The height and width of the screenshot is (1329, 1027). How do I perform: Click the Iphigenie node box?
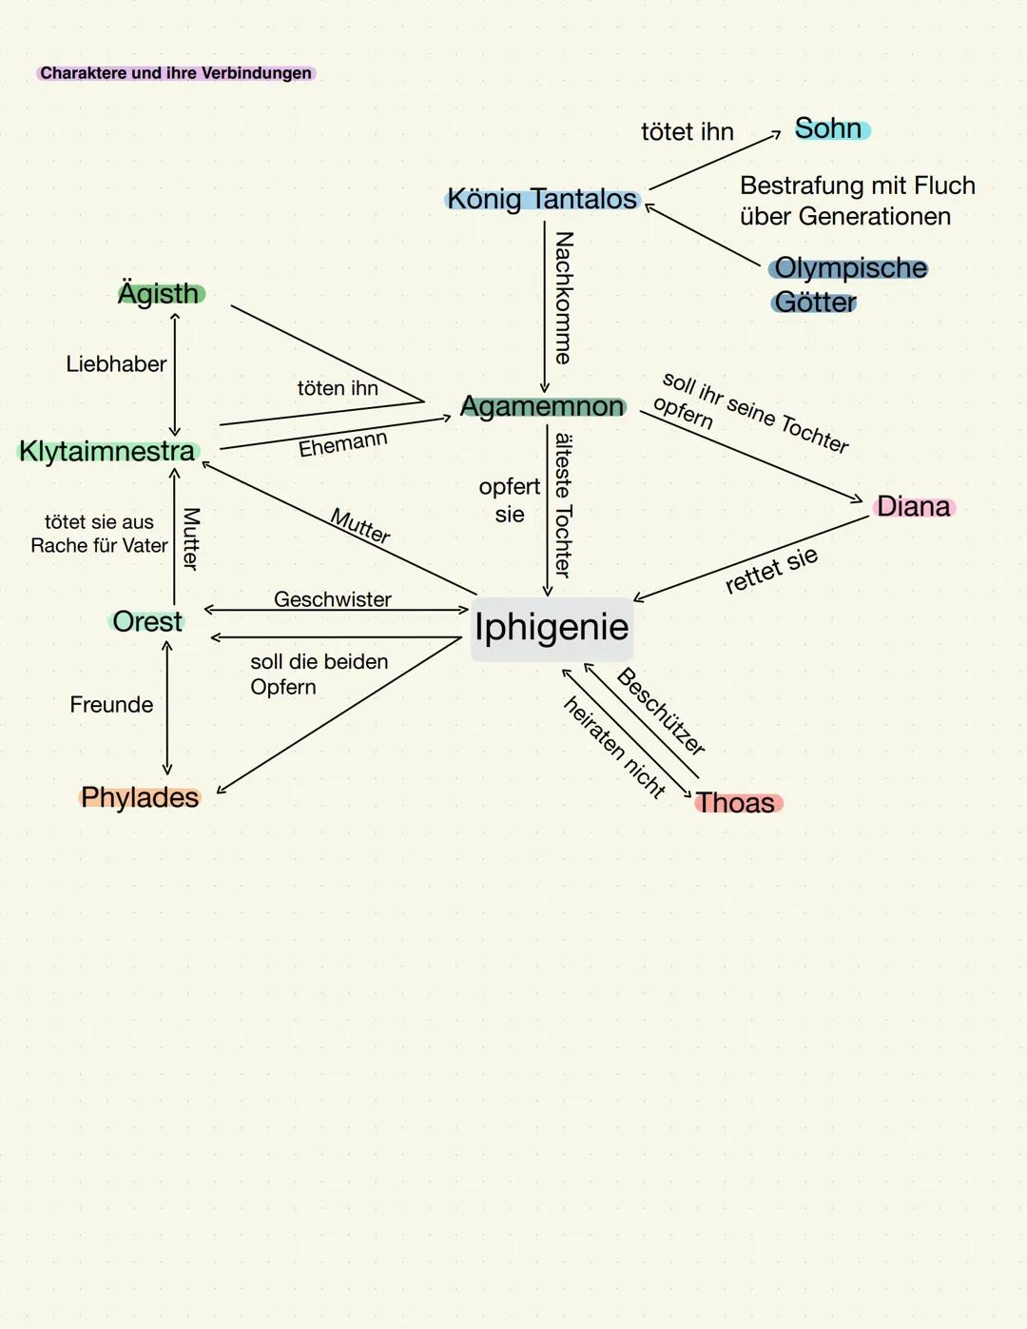click(552, 628)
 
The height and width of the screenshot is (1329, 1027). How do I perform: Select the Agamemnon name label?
click(542, 406)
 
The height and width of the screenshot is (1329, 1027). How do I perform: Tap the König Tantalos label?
click(542, 199)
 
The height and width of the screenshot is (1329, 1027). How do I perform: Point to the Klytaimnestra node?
click(107, 451)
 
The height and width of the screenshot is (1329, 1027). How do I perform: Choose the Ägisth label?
click(160, 293)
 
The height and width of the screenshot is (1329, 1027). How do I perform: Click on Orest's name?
click(147, 621)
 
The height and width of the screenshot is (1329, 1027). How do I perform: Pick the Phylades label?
click(140, 797)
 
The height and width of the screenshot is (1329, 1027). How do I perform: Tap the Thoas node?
click(736, 803)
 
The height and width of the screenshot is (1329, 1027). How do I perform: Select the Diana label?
click(913, 506)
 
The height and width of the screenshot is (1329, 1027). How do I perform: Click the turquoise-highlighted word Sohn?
click(829, 128)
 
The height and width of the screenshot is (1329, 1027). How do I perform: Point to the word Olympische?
click(850, 268)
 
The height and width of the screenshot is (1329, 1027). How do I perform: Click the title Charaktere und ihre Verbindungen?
click(176, 73)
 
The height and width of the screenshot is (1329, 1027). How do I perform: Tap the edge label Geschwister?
click(333, 599)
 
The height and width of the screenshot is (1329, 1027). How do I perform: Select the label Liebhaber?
click(116, 363)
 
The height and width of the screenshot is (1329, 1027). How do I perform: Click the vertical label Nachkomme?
click(564, 298)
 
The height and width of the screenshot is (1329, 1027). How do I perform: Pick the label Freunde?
click(111, 704)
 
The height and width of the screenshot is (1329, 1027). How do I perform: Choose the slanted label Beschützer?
click(661, 712)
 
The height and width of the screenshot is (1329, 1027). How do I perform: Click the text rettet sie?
click(771, 570)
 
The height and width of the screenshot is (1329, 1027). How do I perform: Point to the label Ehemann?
click(343, 443)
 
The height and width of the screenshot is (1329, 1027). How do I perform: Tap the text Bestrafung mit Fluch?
click(858, 186)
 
